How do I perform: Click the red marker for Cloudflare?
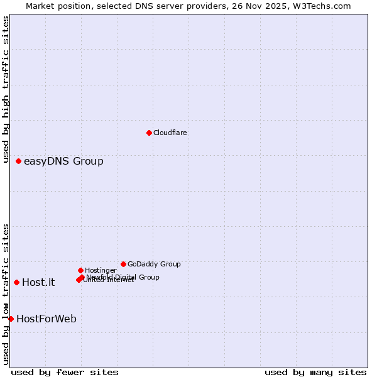[149, 133]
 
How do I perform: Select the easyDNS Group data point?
[18, 161]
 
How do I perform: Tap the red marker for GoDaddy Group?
[123, 264]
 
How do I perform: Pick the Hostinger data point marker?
[80, 270]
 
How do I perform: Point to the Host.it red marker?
[16, 282]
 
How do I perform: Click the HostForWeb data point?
[11, 319]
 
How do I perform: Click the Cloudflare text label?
[170, 133]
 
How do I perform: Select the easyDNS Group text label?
[63, 161]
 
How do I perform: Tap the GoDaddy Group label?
[154, 264]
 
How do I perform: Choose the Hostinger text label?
[101, 270]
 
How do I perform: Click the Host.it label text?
[38, 282]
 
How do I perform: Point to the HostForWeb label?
[46, 319]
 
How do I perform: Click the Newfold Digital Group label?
[123, 276]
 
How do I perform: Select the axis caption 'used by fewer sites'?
[65, 372]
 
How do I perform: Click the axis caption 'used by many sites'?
[315, 372]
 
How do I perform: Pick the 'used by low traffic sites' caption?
[6, 293]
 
